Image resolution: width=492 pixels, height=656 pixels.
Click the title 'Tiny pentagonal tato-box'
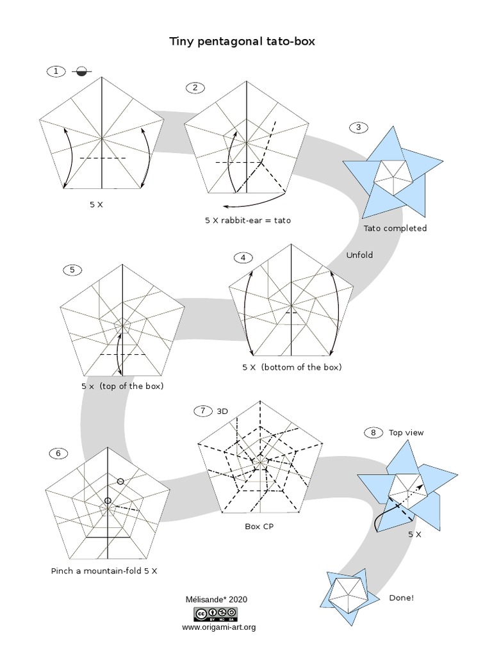pos(242,42)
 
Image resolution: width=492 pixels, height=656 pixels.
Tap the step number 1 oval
pos(56,71)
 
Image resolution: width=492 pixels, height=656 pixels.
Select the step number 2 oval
pos(195,88)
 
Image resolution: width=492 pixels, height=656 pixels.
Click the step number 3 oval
pos(359,127)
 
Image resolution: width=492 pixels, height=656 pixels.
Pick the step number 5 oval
pos(72,270)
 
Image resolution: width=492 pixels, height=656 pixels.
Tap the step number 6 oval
pos(58,454)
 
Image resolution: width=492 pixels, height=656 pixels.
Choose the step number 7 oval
pos(202,411)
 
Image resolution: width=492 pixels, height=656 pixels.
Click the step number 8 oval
pos(373,432)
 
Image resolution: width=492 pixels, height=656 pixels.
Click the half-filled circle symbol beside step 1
pos(81,72)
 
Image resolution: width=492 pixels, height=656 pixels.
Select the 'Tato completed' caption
pos(395,228)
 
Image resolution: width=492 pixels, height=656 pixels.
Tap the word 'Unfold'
pos(359,255)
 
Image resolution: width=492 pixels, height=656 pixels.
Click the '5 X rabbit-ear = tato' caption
pos(248,220)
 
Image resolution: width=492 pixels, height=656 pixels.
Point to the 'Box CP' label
pos(259,527)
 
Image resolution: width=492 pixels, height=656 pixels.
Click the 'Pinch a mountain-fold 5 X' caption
pos(104,570)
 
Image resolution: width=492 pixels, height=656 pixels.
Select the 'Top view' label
pos(406,432)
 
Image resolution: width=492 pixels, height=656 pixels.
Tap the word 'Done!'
pos(401,598)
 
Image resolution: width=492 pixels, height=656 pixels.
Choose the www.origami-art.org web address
pos(218,627)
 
